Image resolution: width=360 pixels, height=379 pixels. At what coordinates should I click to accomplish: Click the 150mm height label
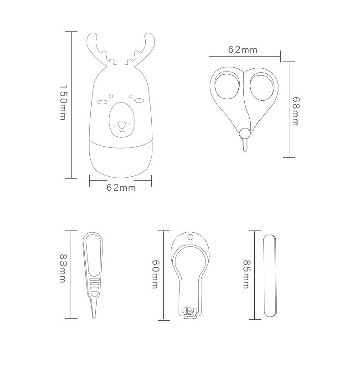click(x=63, y=102)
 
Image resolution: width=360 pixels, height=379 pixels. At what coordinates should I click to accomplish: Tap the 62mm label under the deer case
click(x=121, y=188)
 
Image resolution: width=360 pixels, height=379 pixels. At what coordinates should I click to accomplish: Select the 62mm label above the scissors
click(x=243, y=50)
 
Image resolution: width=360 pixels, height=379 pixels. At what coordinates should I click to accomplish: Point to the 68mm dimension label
click(x=296, y=111)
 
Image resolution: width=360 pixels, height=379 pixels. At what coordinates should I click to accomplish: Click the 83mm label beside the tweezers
click(x=63, y=268)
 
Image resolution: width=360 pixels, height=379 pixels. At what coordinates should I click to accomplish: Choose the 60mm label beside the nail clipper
click(x=155, y=274)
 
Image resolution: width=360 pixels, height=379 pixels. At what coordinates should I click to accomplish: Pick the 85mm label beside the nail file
click(x=246, y=274)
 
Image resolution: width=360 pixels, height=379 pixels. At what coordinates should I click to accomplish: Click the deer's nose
click(x=122, y=125)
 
